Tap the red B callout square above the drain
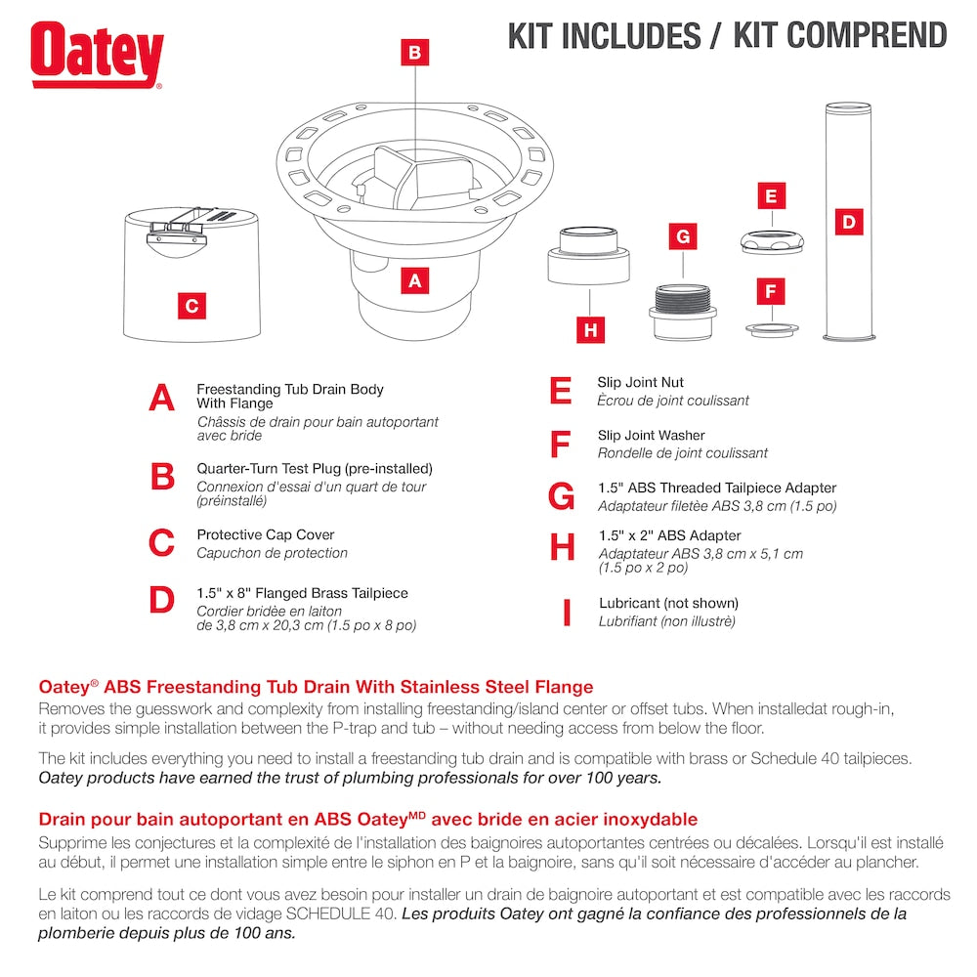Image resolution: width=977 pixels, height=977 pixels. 415,53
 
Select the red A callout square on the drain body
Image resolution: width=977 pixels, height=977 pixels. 415,281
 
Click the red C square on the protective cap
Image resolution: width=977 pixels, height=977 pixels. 191,306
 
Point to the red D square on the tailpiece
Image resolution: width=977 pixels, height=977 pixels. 849,223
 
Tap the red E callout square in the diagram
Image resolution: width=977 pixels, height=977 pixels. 771,196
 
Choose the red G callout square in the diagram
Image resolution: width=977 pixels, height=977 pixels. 683,236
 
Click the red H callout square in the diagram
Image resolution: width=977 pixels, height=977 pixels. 590,330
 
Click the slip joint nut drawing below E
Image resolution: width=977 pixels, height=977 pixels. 771,241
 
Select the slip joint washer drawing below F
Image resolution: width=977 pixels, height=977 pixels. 772,328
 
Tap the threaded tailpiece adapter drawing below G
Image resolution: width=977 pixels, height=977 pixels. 683,311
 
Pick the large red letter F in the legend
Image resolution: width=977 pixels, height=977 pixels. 559,445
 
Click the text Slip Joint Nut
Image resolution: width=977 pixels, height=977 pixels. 640,382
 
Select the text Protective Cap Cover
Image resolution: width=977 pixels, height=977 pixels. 266,534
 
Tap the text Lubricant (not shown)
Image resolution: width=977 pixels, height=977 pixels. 668,603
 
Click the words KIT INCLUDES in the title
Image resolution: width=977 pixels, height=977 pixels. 604,35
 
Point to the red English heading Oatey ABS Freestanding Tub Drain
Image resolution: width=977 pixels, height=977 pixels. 315,688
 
